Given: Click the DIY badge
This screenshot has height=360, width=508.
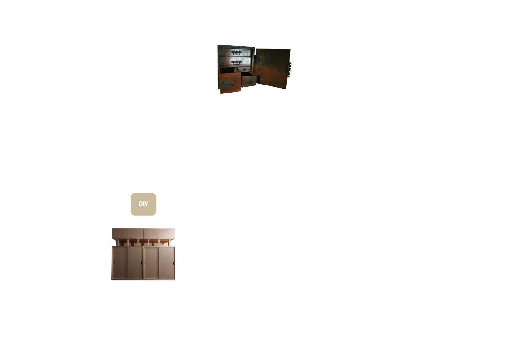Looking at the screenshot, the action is (143, 204).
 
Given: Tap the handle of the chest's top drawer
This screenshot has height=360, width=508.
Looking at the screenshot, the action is (236, 53).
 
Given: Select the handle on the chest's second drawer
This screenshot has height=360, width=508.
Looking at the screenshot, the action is (236, 62).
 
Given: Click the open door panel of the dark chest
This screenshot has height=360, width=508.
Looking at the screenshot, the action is (272, 68).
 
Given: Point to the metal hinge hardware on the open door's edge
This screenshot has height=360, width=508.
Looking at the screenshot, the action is (290, 69).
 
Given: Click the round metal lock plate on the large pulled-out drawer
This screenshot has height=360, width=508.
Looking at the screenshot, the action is (228, 84).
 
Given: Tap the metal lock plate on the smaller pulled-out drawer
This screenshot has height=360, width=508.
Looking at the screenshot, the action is (251, 81).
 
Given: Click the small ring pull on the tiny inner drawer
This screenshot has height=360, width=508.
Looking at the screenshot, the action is (244, 69).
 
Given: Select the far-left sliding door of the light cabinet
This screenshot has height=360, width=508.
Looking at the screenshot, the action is (120, 263).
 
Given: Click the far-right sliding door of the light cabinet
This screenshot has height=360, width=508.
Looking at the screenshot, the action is (166, 263).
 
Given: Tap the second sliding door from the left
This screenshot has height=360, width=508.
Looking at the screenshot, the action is (135, 263).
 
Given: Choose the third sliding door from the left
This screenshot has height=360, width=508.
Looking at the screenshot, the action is (151, 263).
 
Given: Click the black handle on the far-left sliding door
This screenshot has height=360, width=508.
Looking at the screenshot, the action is (114, 263).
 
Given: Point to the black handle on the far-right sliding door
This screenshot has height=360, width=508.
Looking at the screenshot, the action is (173, 263).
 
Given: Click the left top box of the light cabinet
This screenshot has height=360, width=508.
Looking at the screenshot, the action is (128, 233).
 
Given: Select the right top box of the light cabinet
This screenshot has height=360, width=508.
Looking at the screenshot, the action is (159, 233).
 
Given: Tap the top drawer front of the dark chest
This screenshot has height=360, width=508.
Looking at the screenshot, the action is (235, 52).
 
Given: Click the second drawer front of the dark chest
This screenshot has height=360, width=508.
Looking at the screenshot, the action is (235, 62).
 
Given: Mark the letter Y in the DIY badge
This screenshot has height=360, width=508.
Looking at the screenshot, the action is (146, 204).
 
